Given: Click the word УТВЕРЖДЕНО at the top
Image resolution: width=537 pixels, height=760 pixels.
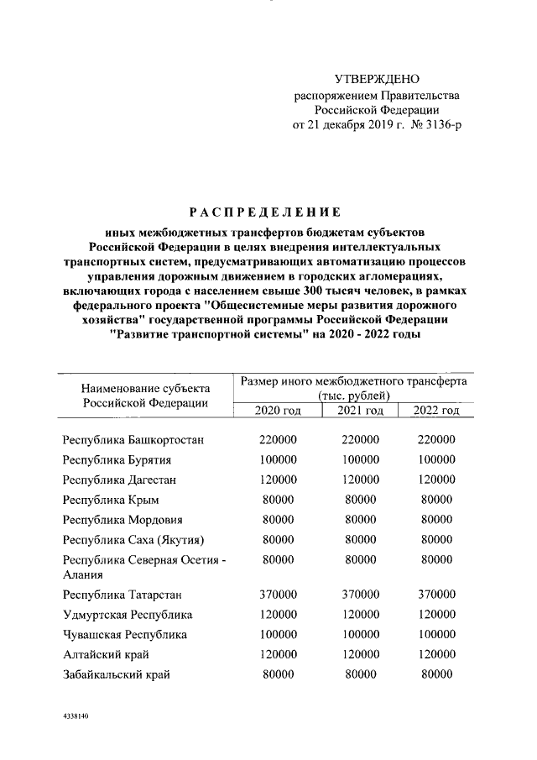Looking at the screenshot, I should tap(376, 79).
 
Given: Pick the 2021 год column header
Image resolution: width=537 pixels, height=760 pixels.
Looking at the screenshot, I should tap(360, 411).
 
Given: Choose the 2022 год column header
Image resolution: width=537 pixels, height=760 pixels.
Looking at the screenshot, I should tap(436, 411).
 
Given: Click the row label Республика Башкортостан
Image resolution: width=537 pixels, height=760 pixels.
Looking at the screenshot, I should tap(134, 440).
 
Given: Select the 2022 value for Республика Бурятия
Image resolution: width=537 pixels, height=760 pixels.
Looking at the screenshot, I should tap(436, 460).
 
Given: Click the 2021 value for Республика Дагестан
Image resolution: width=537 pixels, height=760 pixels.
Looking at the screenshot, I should tap(360, 480).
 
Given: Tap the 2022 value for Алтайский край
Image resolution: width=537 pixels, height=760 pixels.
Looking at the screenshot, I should tap(436, 654).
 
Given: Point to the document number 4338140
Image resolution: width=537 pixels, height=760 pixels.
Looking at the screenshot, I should tap(76, 720).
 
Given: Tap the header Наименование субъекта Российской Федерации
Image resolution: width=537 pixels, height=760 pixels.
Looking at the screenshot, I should tap(146, 396).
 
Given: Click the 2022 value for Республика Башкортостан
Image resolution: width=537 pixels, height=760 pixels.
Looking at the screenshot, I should tap(436, 440).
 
